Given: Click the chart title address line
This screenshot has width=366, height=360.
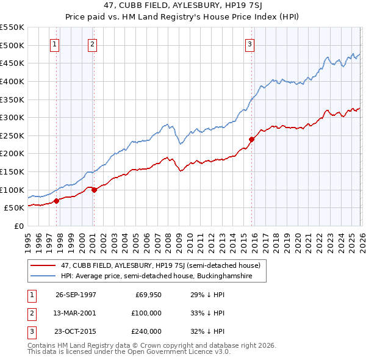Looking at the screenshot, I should (x=182, y=5).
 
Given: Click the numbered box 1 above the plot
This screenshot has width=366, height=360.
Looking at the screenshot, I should (x=55, y=44).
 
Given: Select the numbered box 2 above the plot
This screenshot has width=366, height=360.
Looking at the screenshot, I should (x=92, y=44).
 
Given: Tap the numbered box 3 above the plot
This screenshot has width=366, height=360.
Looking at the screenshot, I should (x=250, y=44).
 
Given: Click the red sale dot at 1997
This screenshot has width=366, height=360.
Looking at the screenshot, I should (x=57, y=200).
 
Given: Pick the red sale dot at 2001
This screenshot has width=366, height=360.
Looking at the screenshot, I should (x=94, y=190).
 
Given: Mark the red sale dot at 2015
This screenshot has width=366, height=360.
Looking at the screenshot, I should (x=251, y=139).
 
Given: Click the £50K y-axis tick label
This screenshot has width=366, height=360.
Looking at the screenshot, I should (x=14, y=208).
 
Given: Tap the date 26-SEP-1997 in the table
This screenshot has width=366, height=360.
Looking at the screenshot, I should (x=76, y=295).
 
